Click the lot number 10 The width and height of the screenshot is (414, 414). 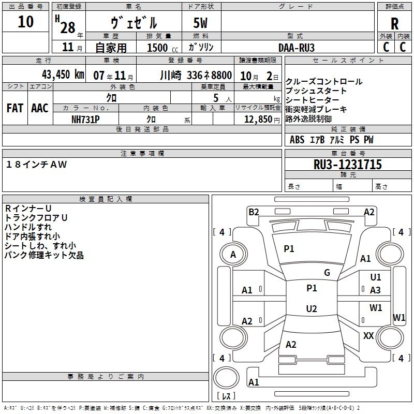click(x=25, y=22)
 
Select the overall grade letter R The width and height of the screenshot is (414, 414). click(x=394, y=24)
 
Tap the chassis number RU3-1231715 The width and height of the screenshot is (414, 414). click(x=347, y=165)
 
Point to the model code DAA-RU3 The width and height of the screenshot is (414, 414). click(x=296, y=47)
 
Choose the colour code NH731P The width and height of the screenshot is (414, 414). click(x=85, y=119)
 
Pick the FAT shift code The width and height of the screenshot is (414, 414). click(x=14, y=108)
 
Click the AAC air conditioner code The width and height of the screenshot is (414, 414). click(x=40, y=108)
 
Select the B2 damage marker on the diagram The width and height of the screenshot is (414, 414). click(x=254, y=212)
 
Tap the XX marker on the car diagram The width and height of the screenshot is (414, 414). click(x=368, y=336)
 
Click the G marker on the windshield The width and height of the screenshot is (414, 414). click(x=327, y=273)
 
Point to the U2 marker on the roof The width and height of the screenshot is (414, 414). click(x=312, y=309)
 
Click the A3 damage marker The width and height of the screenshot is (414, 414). click(x=375, y=290)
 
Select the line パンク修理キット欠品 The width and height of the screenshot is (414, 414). click(x=44, y=255)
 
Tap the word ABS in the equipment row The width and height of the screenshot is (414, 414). click(x=297, y=140)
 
